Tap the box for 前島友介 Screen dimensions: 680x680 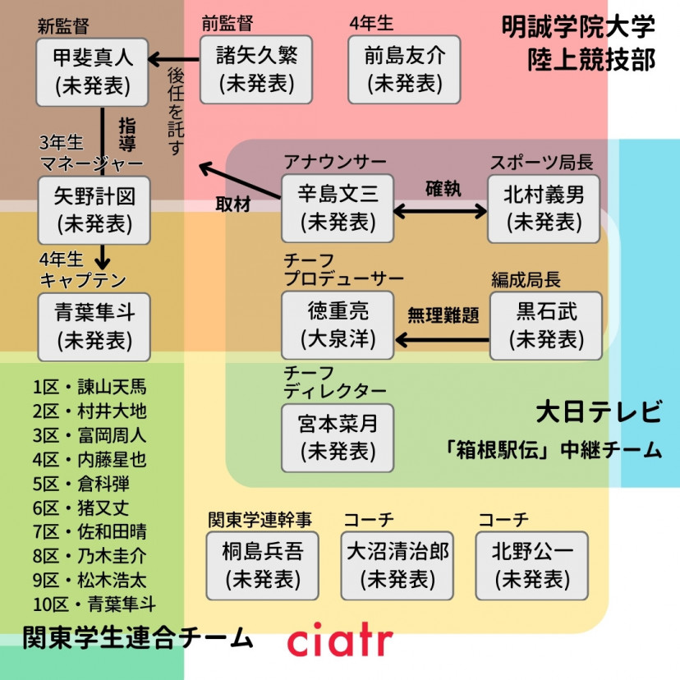[404, 71]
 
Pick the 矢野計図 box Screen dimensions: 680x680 [94, 210]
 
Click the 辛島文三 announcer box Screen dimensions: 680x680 [338, 209]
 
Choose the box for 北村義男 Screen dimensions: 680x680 [544, 209]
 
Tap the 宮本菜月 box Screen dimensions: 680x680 [338, 438]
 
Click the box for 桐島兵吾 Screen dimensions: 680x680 [263, 565]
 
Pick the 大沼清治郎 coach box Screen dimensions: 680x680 [397, 565]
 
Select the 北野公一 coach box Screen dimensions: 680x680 [533, 565]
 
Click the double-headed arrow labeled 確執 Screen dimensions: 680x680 [441, 211]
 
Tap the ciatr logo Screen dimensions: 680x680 [340, 640]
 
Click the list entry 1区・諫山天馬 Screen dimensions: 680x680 [90, 387]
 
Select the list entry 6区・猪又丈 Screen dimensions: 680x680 [80, 508]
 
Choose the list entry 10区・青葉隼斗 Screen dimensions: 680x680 [94, 605]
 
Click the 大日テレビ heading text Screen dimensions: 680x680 [598, 411]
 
